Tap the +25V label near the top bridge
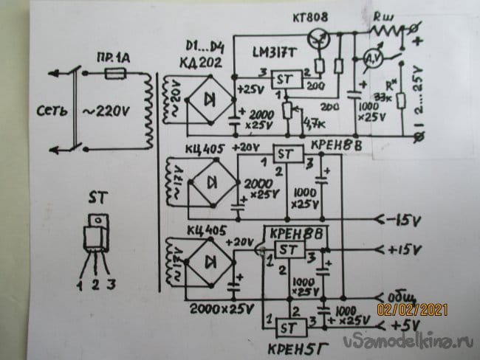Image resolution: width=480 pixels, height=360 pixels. click(249, 91)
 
